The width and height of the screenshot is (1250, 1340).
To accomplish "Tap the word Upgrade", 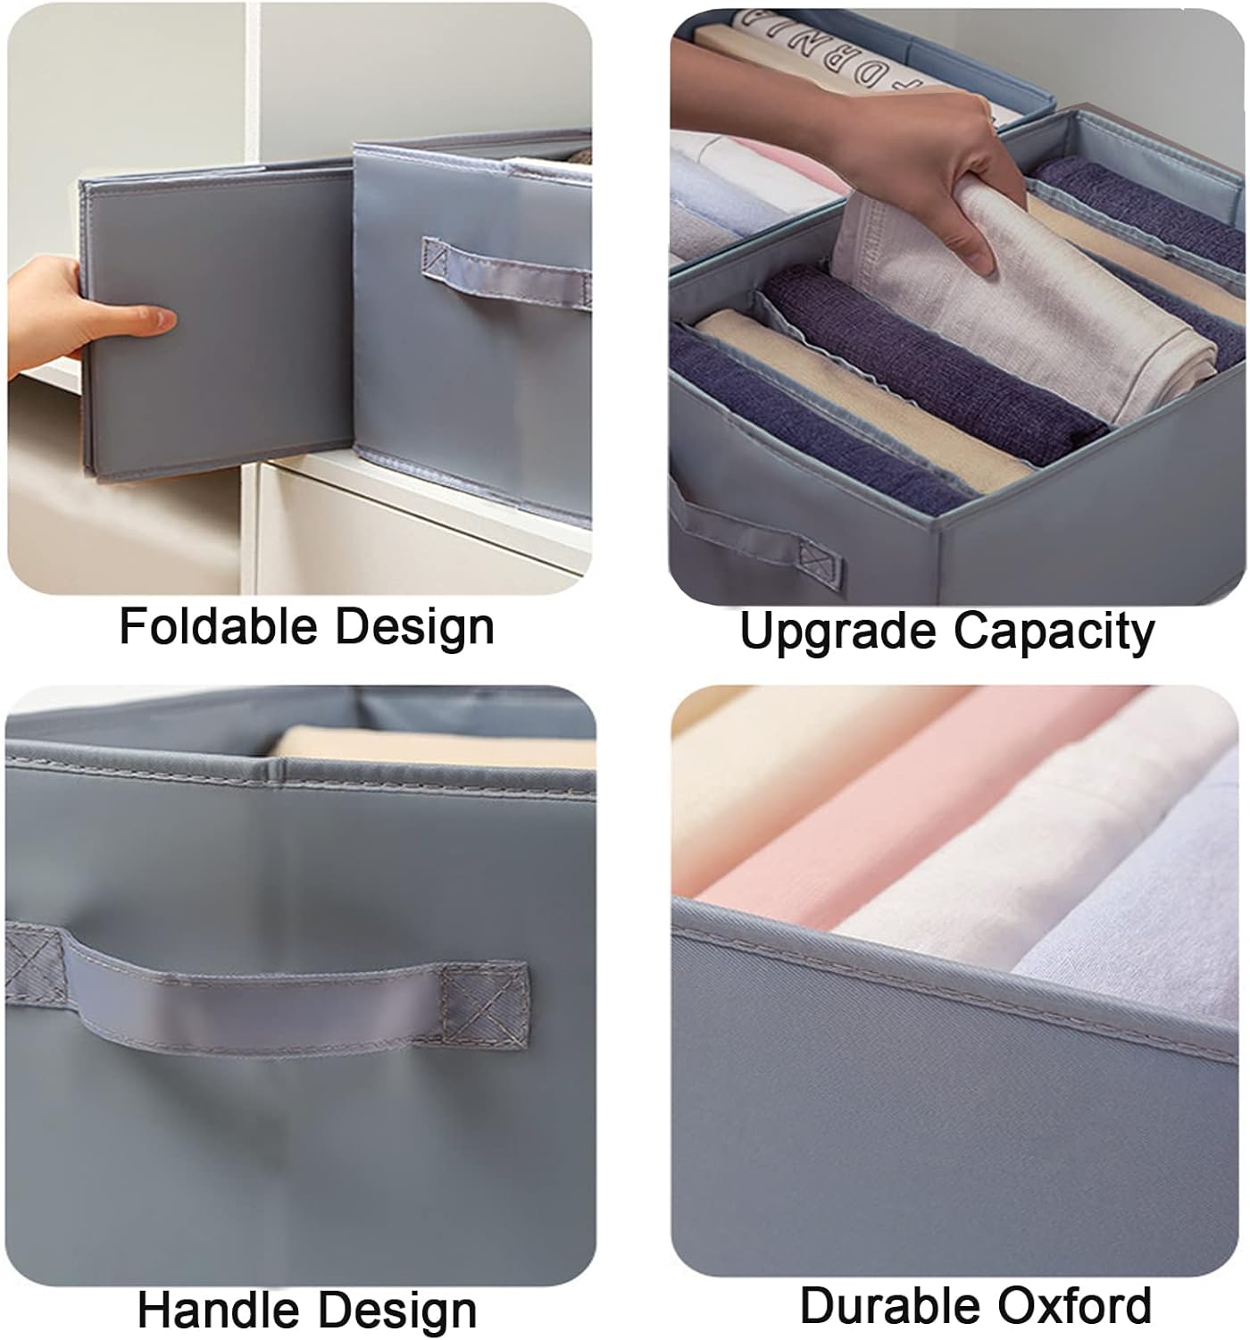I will pos(838,632).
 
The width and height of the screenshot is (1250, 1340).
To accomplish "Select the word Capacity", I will pos(1054,632).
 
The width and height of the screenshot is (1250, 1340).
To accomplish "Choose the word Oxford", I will pos(1075,1305).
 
